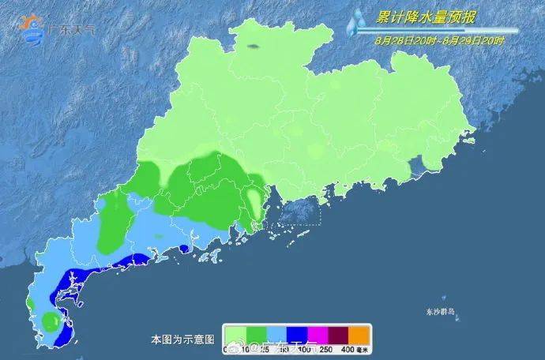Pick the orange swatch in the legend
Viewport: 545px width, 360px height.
pos(359,333)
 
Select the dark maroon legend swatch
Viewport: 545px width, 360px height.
pos(336,333)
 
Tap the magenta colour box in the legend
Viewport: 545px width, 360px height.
pos(314,333)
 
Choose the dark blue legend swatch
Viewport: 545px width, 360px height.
pos(291,333)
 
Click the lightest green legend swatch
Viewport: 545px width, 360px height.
pos(234,333)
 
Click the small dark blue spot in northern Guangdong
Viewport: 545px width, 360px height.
pos(253,47)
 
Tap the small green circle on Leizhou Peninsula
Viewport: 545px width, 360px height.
pos(50,320)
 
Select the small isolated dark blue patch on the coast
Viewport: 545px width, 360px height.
pos(183,249)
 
